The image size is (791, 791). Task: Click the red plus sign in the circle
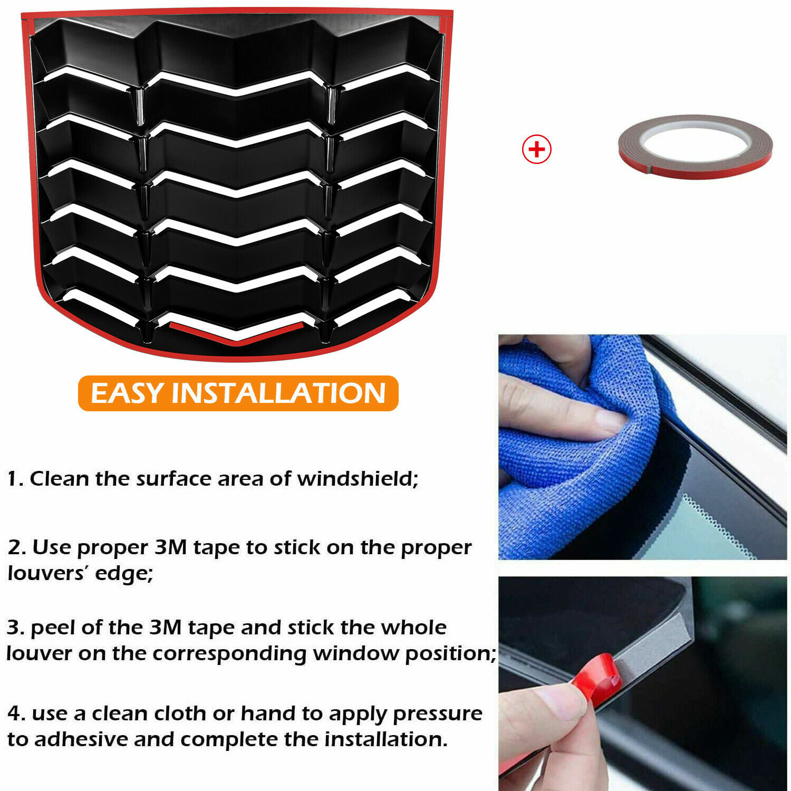(536, 149)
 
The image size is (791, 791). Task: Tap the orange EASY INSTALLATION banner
(238, 393)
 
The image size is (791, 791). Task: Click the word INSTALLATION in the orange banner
(278, 393)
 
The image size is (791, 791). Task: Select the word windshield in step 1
(358, 479)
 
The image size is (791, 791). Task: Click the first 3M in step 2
(170, 547)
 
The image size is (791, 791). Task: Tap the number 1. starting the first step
(15, 479)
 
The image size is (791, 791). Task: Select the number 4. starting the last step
(16, 714)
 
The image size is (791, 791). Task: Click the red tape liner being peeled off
(596, 680)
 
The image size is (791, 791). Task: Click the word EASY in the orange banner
(127, 393)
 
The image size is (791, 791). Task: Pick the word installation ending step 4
(385, 739)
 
